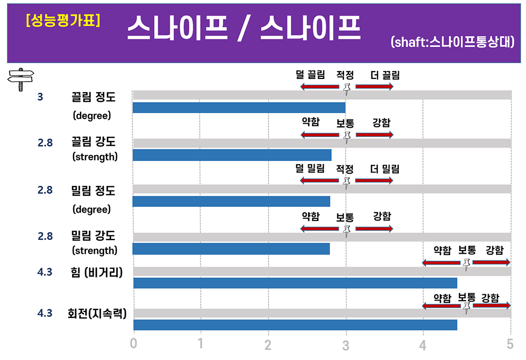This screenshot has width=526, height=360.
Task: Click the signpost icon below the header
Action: click(x=20, y=79)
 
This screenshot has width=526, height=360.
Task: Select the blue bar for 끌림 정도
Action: click(x=239, y=108)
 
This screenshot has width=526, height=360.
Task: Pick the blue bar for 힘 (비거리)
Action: click(x=295, y=283)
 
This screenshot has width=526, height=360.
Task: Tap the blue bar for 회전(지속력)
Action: click(x=295, y=325)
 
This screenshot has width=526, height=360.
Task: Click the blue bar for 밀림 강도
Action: click(x=231, y=248)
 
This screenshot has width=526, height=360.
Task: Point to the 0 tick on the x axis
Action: click(x=134, y=344)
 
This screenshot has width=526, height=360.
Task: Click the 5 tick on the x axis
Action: click(x=510, y=344)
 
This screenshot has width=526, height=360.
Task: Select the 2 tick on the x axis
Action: click(x=269, y=344)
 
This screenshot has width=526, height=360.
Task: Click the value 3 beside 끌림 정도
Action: click(x=41, y=97)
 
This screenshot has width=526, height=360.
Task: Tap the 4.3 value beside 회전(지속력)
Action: click(x=45, y=313)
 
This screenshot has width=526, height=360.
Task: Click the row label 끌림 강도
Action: click(x=93, y=142)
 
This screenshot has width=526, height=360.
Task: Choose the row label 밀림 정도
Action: click(x=93, y=190)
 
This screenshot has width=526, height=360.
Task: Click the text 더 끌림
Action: click(x=385, y=75)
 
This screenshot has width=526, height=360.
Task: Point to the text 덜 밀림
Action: click(x=311, y=169)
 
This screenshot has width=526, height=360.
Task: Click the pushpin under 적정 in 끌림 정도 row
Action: click(x=347, y=88)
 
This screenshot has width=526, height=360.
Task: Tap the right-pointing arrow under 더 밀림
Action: click(x=374, y=181)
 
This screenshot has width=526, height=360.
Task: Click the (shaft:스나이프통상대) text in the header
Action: click(x=452, y=43)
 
